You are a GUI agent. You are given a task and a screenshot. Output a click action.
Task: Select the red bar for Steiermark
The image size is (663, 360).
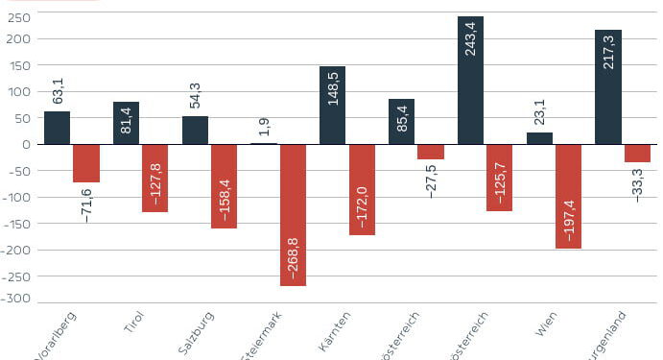(293, 214)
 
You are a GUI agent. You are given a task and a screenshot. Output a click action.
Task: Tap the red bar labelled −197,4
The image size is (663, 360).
(568, 196)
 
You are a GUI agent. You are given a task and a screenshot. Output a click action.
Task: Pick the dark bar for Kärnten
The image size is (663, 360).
(332, 105)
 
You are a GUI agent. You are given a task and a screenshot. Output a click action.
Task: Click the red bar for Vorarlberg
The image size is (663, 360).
(86, 163)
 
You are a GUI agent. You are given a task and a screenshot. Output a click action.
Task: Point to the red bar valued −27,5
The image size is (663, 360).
(431, 152)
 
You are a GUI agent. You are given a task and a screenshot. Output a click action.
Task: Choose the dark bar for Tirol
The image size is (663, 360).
(126, 123)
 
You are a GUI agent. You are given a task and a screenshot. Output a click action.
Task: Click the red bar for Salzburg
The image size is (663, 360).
(224, 186)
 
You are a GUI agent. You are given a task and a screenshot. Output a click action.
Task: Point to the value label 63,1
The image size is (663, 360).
(59, 90)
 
